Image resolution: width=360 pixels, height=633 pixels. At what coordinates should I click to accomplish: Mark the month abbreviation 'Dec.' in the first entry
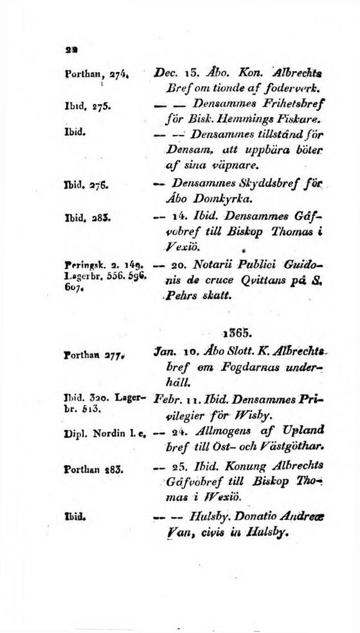(x=168, y=75)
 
